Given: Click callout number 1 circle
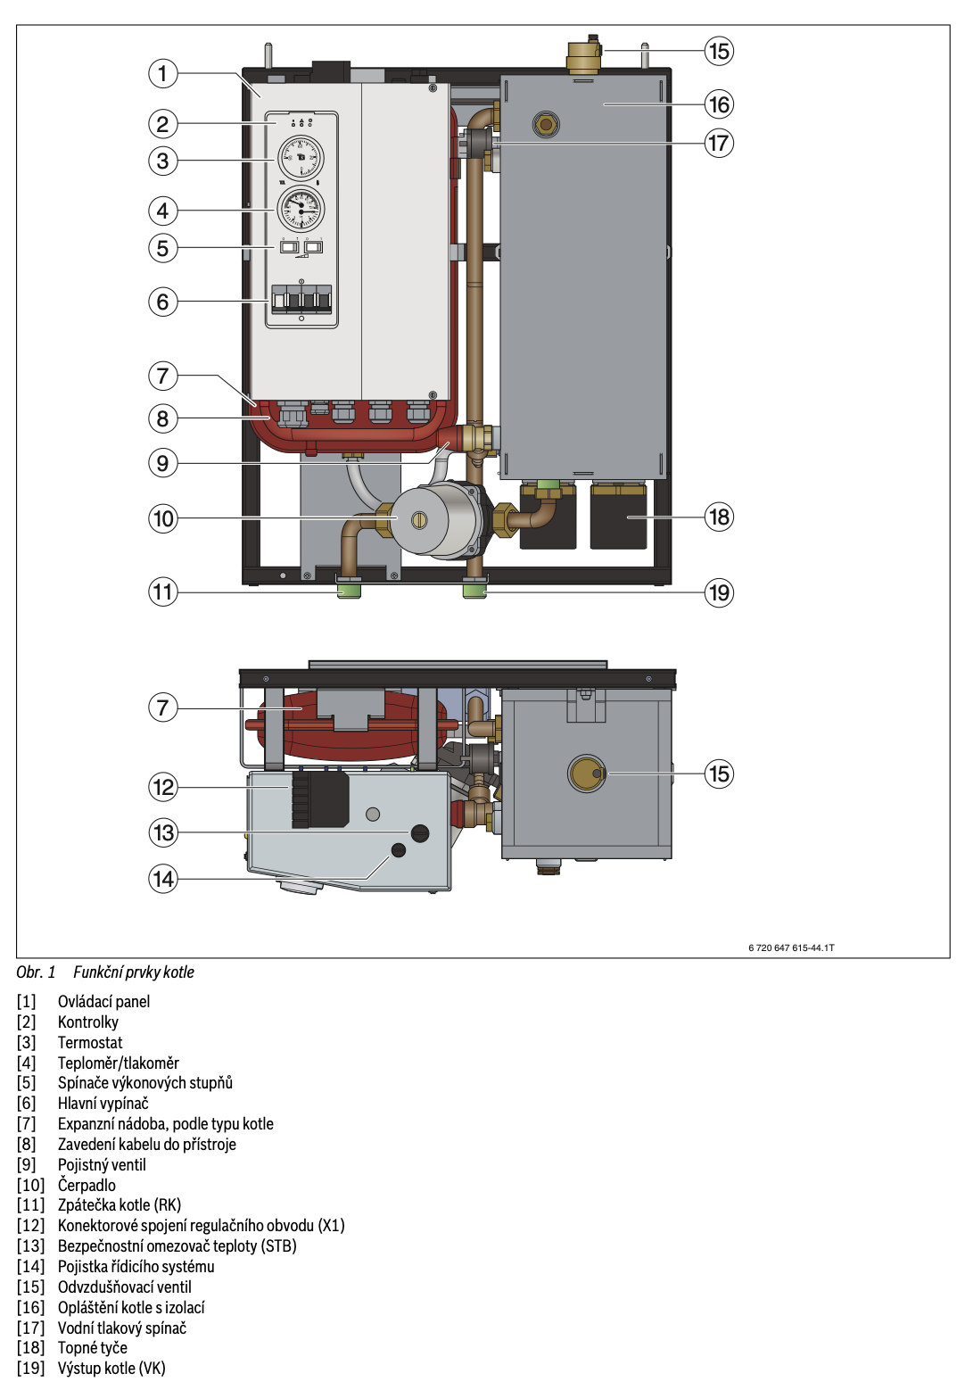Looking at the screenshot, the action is [162, 73].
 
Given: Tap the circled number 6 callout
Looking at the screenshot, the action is [162, 302].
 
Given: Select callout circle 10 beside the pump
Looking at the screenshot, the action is [163, 518].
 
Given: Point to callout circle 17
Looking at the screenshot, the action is [719, 143].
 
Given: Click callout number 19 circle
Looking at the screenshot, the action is [719, 592].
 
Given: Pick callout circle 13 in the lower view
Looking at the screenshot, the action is [163, 832].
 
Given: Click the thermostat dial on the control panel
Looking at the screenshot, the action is [301, 158].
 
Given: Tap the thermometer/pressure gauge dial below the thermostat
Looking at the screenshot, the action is [301, 210].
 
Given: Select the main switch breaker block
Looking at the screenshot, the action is [301, 299].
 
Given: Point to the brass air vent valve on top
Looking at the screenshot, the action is [584, 56].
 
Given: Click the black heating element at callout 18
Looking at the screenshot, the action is [618, 517].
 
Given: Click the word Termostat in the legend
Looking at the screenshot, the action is [90, 1042].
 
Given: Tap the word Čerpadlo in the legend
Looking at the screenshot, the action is [87, 1185].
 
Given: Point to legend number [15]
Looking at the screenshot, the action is [30, 1287].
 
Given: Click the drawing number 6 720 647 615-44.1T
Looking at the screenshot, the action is [791, 947].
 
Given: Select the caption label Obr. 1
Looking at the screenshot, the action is [36, 972].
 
